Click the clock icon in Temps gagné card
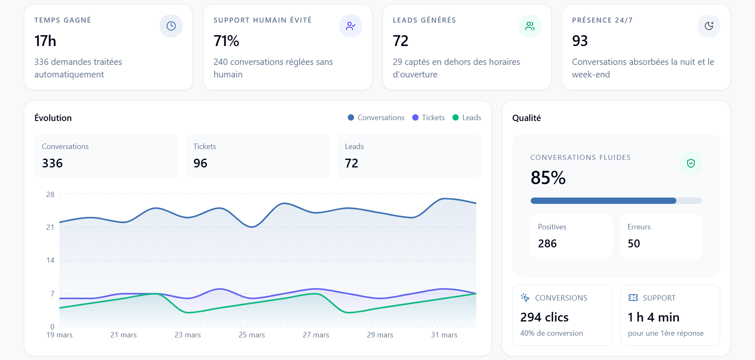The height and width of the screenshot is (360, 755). point(171,26)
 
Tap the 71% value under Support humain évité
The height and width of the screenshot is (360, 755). point(226,41)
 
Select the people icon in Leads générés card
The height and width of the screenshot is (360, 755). point(530,26)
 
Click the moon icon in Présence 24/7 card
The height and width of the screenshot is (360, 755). point(709,26)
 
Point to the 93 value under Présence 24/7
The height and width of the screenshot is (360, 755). point(580,41)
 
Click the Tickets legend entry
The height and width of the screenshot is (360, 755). point(429,118)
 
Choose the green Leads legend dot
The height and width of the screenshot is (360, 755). point(456,118)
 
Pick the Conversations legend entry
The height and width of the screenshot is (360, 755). point(376,118)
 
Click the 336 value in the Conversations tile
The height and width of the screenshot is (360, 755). point(52,163)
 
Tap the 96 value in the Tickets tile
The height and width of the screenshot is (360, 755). point(200,163)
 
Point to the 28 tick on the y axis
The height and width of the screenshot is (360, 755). point(50,195)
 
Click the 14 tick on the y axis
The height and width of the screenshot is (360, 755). point(50,260)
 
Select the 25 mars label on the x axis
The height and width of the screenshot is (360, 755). point(252,335)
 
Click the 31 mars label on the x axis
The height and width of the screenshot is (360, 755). point(444,335)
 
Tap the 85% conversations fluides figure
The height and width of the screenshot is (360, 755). point(548,178)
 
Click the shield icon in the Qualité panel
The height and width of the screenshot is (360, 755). point(691,163)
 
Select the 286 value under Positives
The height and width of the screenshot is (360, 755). point(547,244)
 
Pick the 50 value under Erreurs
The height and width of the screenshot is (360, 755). point(634,244)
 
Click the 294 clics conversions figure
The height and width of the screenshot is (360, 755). point(544,317)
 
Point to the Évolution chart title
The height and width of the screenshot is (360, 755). point(53,118)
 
